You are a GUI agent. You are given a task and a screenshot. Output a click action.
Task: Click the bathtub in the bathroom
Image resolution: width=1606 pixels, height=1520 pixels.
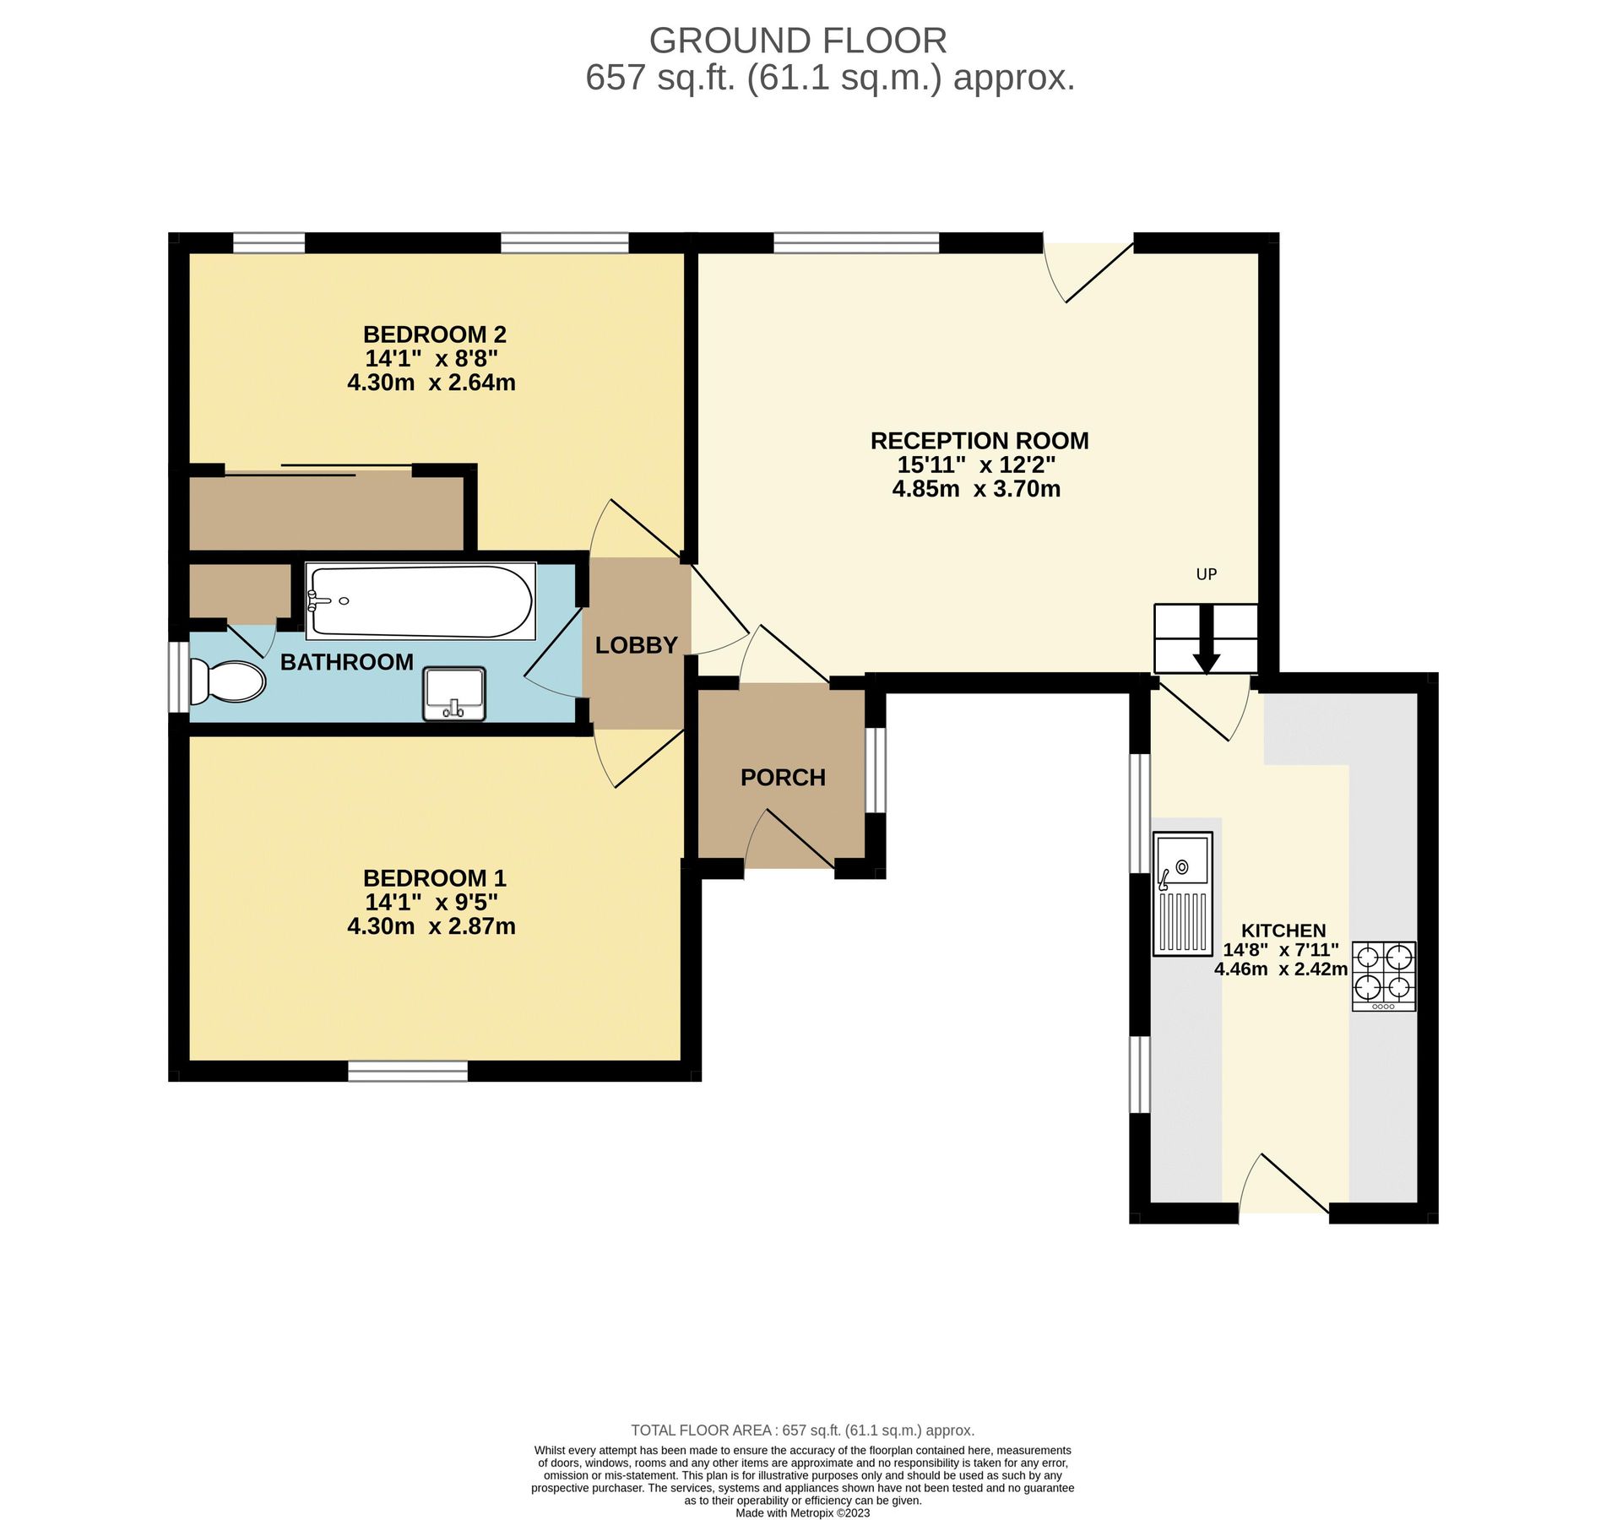pos(420,601)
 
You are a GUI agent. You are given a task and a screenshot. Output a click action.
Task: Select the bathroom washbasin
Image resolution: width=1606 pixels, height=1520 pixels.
pos(454,693)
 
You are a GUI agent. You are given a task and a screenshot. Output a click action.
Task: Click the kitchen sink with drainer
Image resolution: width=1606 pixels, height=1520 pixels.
pos(1183,893)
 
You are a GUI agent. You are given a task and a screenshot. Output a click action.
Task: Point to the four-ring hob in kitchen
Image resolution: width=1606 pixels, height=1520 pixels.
pos(1383,975)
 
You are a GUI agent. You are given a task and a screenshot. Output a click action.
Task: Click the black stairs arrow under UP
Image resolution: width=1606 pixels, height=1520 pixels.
pos(1206,641)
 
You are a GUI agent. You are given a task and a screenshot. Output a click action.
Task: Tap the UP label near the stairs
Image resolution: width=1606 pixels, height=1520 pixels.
pos(1206,574)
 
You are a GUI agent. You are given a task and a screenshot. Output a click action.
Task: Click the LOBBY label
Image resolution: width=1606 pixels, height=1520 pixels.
pos(636,645)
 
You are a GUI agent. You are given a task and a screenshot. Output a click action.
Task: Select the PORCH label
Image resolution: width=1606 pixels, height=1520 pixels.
pos(782,778)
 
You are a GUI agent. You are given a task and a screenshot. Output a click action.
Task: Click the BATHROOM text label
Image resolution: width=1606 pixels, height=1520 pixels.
pos(346,662)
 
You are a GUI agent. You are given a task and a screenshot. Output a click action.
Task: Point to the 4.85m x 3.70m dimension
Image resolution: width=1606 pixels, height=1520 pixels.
pos(976,489)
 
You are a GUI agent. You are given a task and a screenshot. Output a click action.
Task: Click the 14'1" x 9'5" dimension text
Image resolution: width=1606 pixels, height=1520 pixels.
pos(431,902)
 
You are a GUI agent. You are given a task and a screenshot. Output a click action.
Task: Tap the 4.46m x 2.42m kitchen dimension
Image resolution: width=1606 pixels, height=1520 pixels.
pos(1280,969)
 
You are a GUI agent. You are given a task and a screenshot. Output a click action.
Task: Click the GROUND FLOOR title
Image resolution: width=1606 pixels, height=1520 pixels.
pos(797,41)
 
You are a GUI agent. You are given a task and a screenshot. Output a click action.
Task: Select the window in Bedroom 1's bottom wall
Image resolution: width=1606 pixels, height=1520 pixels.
pos(408,1071)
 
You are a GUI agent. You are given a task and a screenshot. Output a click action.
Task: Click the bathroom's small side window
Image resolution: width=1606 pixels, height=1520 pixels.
pos(178,676)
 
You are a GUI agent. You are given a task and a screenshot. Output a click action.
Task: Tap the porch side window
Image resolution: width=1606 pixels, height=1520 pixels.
pos(876,769)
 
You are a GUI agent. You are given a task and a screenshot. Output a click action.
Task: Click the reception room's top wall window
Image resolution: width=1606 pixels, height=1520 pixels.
pos(855,243)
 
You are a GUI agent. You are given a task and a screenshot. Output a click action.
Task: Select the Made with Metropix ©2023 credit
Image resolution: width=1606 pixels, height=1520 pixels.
pos(801,1512)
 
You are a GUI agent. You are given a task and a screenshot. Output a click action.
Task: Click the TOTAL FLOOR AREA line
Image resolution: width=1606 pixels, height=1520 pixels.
pos(801,1430)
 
